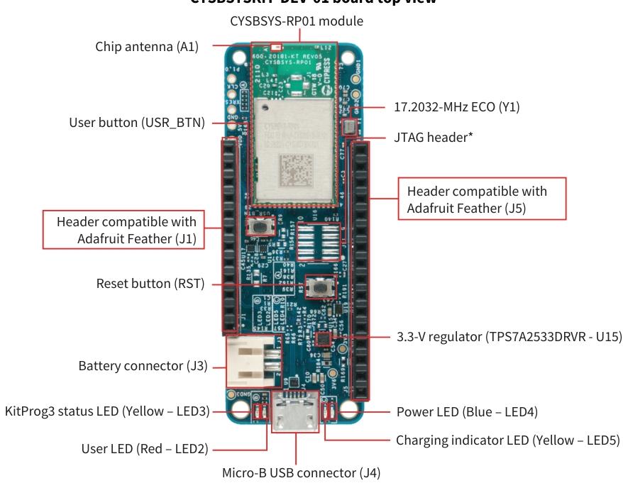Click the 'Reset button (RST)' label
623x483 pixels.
[150, 284]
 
